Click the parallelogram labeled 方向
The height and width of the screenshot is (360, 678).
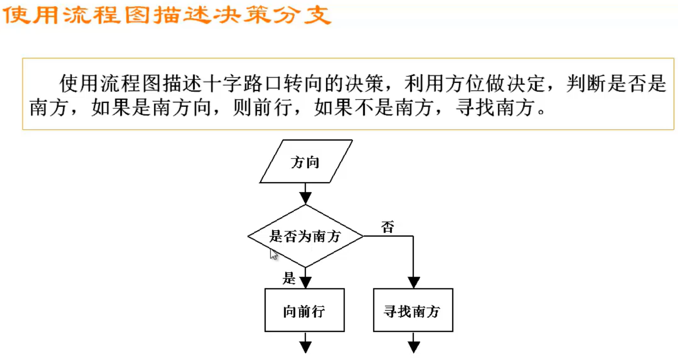point(306,162)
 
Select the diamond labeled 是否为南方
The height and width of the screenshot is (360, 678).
point(305,236)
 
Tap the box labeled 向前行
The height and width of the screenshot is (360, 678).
point(305,311)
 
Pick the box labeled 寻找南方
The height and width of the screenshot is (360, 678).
point(413,311)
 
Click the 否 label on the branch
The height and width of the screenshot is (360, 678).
point(387,227)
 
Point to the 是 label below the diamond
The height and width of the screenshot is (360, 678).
point(289,278)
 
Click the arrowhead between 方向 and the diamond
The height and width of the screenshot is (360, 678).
point(305,198)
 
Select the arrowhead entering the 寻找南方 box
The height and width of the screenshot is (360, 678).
point(414,283)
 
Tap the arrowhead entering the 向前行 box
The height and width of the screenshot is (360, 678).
point(305,283)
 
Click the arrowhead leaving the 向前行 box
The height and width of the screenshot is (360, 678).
point(305,347)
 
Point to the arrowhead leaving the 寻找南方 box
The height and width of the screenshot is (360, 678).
point(414,347)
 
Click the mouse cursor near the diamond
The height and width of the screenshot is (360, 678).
point(273,254)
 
